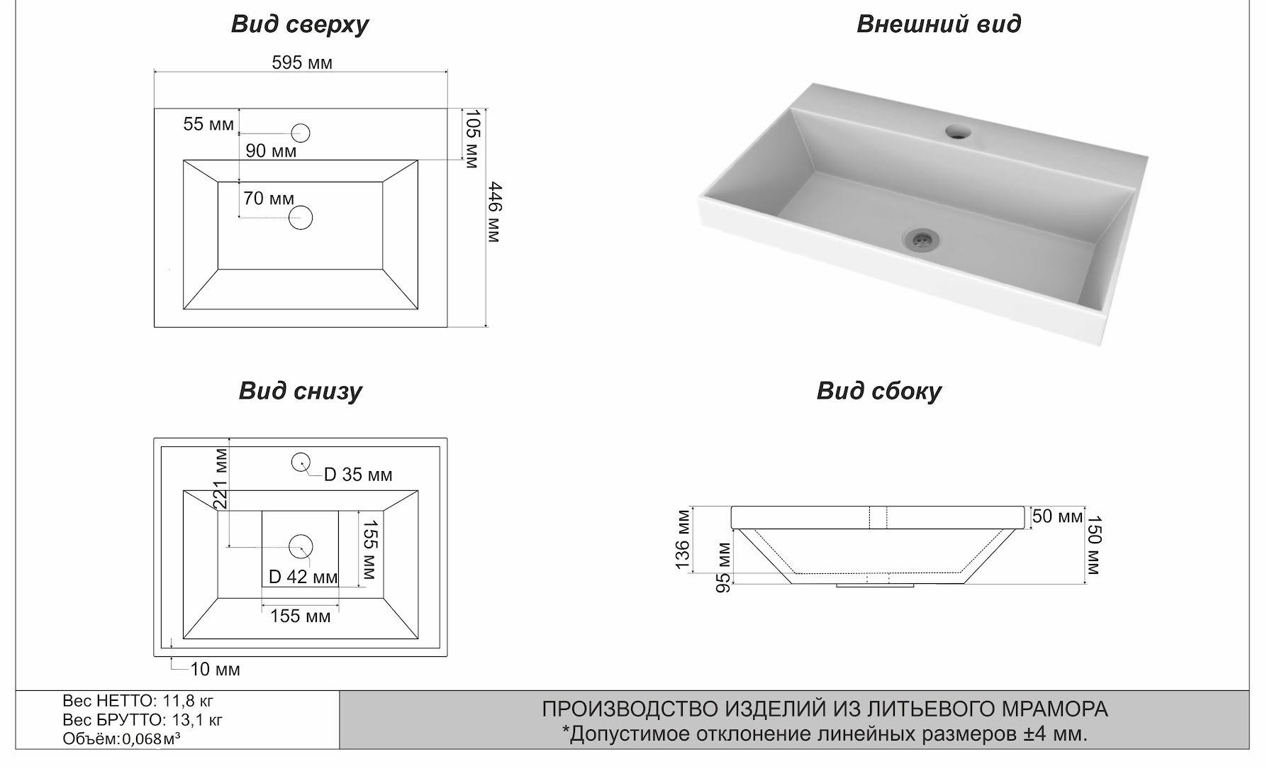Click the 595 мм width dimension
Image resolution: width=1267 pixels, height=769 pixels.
[x=302, y=63]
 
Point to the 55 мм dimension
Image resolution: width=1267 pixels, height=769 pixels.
[x=208, y=124]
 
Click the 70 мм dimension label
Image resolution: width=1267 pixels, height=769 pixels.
[x=268, y=199]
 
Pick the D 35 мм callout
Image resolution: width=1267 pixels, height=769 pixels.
[x=357, y=475]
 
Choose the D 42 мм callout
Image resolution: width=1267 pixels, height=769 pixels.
[x=303, y=577]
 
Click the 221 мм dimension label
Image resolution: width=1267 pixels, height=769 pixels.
[x=221, y=478]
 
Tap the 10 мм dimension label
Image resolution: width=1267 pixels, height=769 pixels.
[x=215, y=669]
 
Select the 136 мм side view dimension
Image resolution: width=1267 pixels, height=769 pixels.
[x=682, y=539]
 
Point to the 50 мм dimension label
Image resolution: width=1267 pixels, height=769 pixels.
[x=1057, y=516]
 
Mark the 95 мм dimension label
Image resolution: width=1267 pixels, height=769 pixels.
[x=722, y=568]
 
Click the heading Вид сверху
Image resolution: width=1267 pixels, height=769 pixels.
[x=300, y=24]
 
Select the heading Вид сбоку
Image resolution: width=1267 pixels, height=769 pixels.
[x=878, y=391]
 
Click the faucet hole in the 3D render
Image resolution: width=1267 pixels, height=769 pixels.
[x=959, y=131]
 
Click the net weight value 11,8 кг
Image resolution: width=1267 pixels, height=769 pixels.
[x=188, y=701]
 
